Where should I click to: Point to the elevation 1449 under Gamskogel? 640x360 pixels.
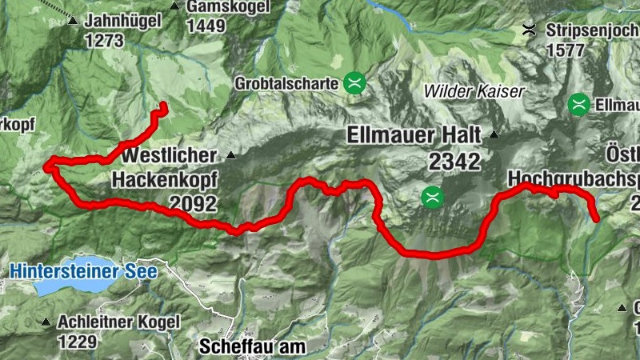(x=206, y=26)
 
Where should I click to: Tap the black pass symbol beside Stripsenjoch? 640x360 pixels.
(x=529, y=30)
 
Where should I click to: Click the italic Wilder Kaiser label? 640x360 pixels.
(x=474, y=91)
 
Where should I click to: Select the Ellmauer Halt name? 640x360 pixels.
(x=414, y=135)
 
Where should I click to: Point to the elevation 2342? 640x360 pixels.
(x=454, y=162)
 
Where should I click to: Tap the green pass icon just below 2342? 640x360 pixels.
(x=431, y=197)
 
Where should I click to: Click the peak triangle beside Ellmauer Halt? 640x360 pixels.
(x=494, y=134)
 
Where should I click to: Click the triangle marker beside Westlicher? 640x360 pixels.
(x=231, y=154)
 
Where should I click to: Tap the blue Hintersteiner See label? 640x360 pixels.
(x=83, y=271)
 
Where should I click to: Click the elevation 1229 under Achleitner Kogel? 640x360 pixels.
(x=77, y=342)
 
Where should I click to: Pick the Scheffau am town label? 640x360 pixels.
(x=251, y=347)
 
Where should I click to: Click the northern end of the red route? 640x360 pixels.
(x=163, y=106)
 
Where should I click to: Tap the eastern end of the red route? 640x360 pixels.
(x=596, y=218)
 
